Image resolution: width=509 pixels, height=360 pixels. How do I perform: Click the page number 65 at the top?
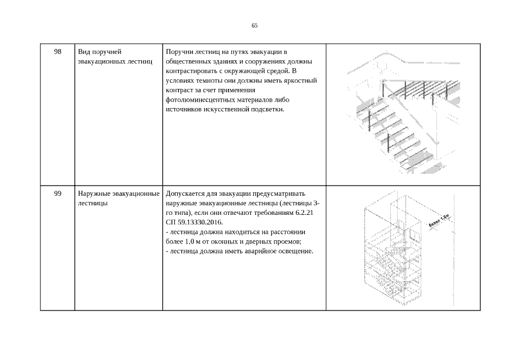pos(254,25)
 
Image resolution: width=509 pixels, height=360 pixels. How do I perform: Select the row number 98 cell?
pos(57,52)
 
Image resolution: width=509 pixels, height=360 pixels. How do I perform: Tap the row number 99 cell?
pos(57,193)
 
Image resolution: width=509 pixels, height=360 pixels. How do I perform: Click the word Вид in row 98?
pos(84,52)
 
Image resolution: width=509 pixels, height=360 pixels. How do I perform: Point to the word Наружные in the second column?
pos(94,193)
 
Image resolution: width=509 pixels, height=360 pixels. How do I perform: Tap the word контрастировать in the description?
pos(190,71)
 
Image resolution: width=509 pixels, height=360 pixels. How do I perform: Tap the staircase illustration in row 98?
pos(402,112)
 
